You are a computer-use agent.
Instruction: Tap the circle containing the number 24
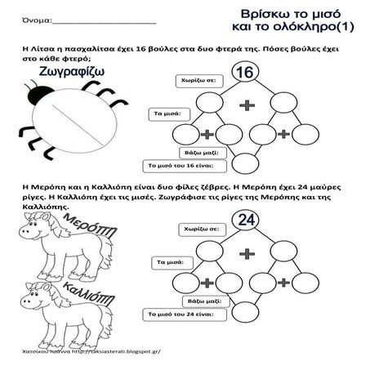coord(244,219)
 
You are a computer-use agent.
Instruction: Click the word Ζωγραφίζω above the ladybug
coord(55,73)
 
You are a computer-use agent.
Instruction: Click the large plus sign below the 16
coord(245,105)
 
